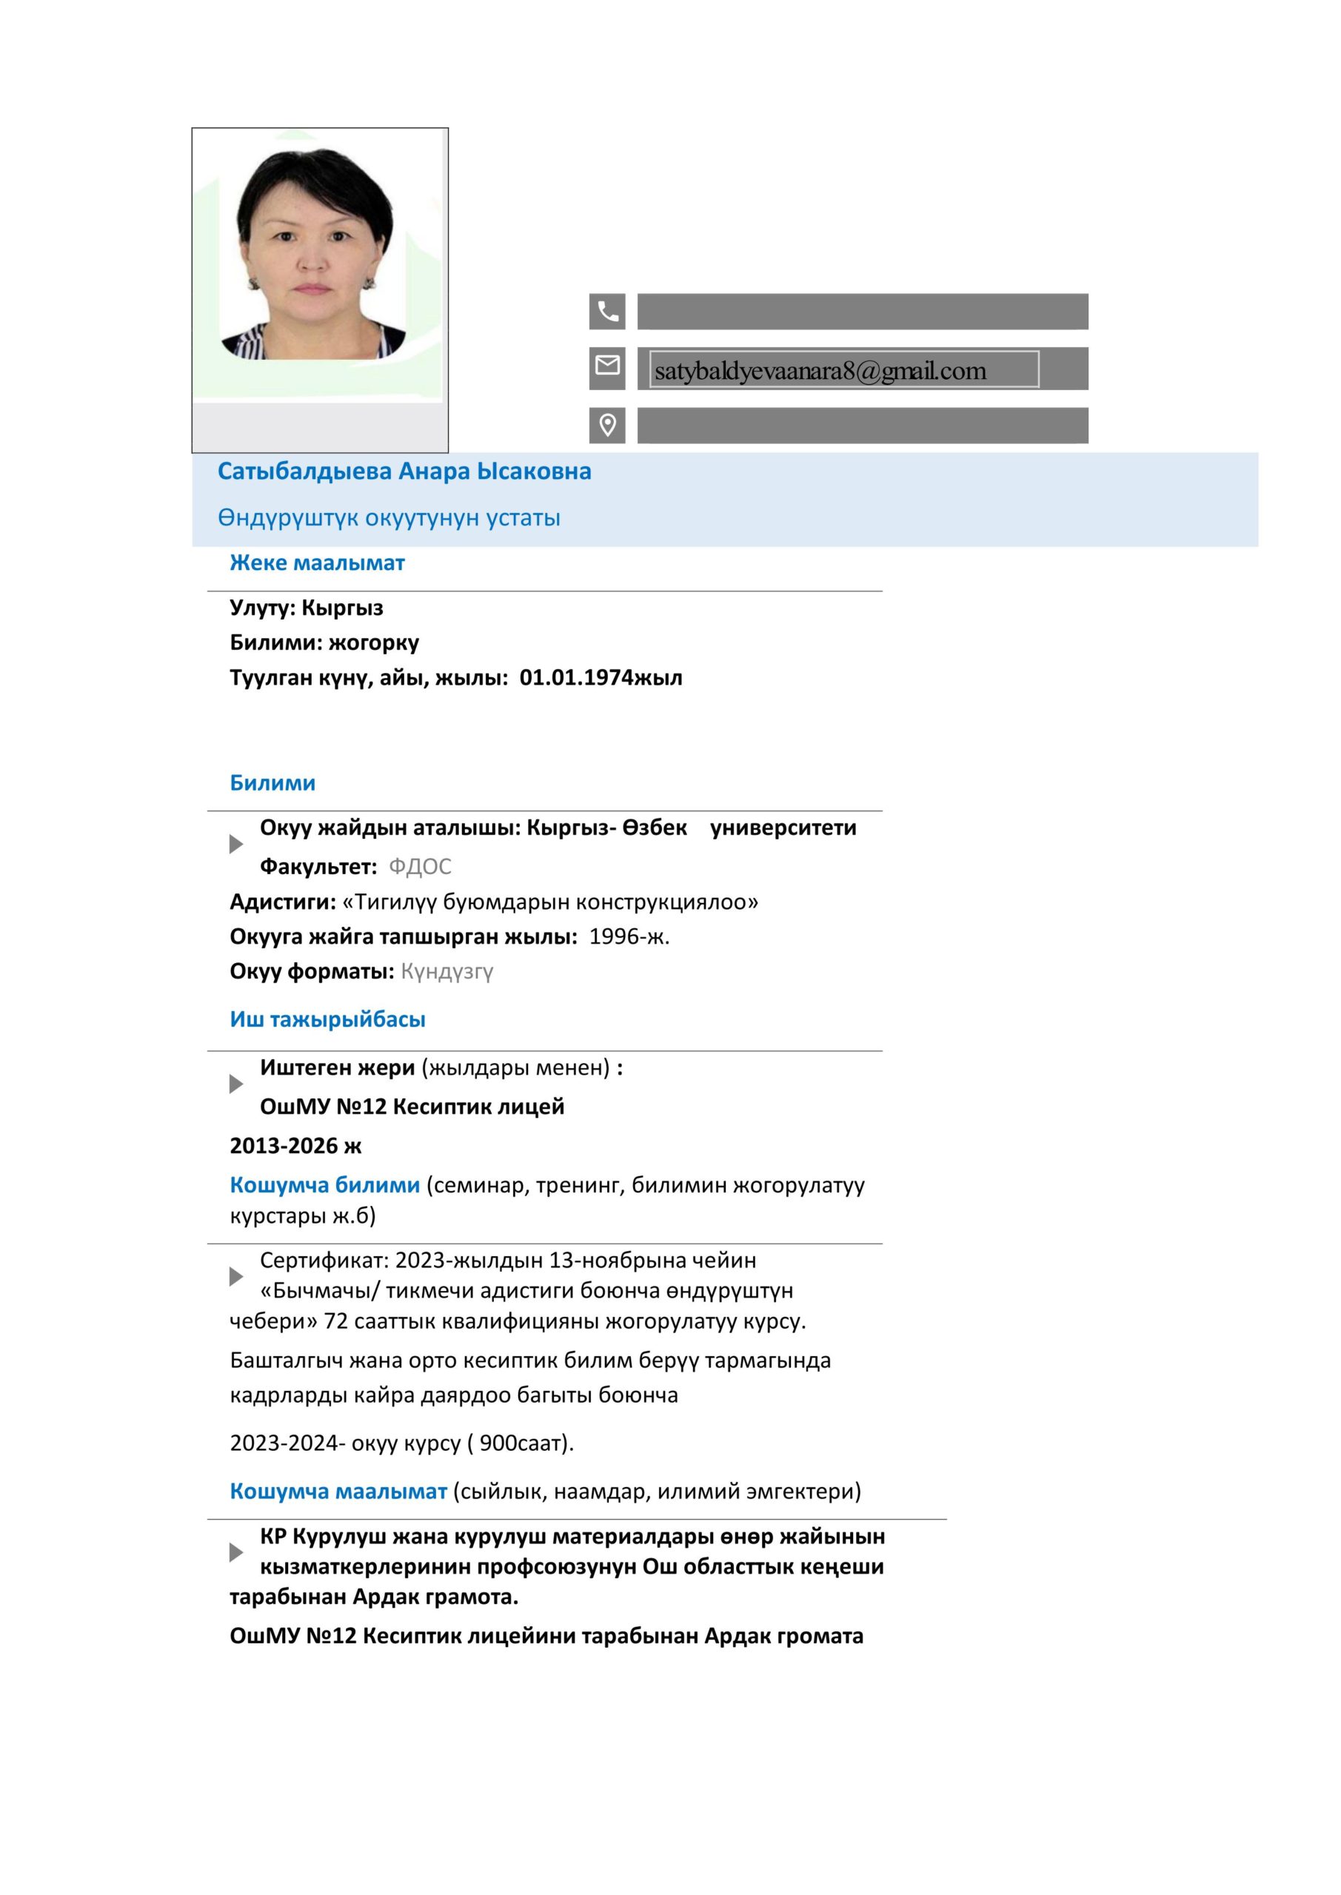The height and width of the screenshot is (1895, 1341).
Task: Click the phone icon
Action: coord(607,311)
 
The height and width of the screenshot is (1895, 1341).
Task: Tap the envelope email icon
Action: coord(607,365)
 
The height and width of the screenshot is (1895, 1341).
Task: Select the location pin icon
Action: coord(607,425)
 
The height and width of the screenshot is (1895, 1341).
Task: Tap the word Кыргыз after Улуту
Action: coord(342,608)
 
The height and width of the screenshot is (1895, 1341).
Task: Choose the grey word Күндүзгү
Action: coord(447,971)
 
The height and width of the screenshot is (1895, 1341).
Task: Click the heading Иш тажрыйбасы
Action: coord(327,1019)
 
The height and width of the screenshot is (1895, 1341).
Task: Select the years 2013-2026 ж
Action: coord(295,1146)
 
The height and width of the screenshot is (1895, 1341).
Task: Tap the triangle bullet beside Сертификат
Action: coord(236,1277)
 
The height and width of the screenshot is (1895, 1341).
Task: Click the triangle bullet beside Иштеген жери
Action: coord(236,1084)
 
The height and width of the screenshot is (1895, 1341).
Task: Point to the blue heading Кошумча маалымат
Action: coord(338,1492)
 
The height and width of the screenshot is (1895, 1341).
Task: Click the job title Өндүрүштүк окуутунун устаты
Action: coord(389,517)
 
